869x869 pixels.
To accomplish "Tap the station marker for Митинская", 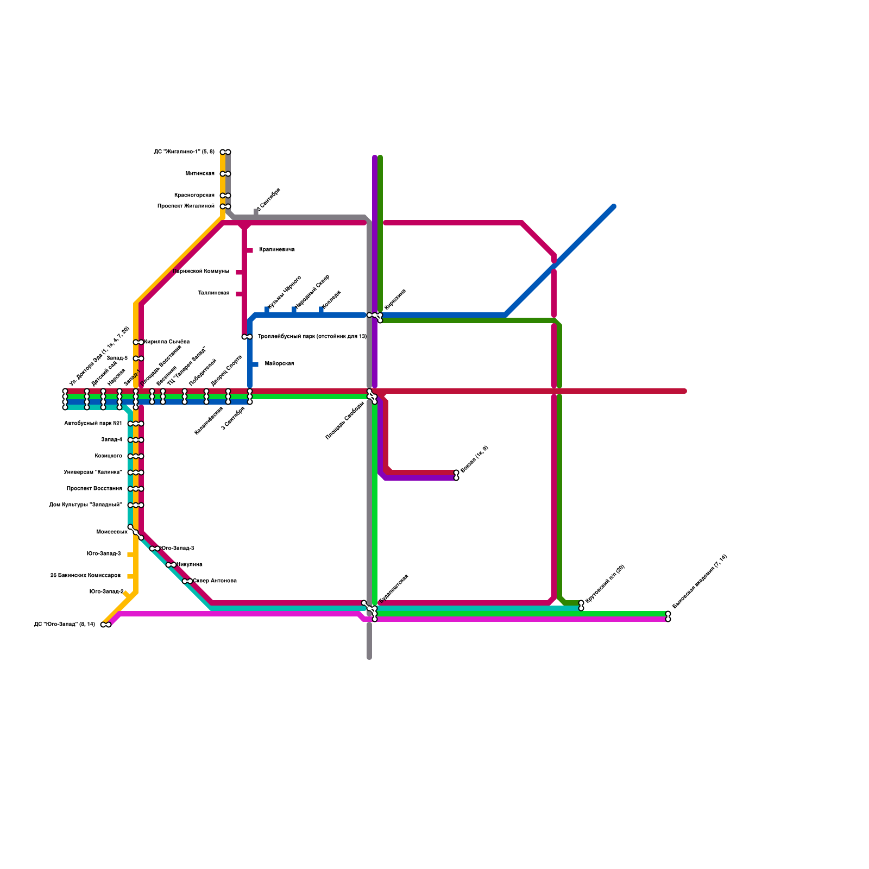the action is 225,174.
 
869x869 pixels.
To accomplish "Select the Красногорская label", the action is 194,196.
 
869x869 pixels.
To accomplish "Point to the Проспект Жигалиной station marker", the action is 225,206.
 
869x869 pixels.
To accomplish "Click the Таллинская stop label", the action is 213,293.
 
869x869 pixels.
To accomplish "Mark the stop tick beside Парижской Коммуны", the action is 240,272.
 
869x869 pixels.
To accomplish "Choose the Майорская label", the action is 279,364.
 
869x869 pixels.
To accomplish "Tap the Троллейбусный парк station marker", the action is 247,337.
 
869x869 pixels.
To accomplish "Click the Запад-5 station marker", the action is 138,358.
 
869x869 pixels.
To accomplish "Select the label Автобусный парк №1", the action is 93,424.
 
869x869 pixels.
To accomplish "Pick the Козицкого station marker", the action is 136,456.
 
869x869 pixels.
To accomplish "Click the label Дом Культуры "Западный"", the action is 85,505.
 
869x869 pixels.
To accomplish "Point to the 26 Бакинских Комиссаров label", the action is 85,576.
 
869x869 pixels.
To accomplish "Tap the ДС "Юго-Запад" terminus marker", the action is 106,625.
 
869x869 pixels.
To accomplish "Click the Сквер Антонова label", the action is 215,581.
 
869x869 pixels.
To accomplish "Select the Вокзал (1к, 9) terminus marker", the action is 456,475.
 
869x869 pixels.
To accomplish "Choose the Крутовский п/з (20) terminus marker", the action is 581,605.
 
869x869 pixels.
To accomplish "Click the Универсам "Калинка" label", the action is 93,473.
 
